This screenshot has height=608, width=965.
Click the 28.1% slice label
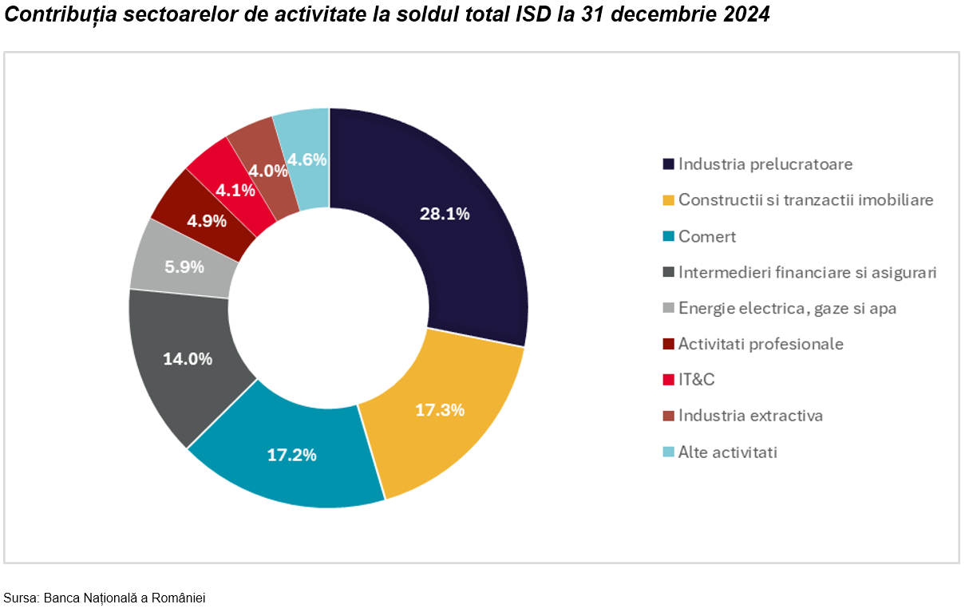pos(445,214)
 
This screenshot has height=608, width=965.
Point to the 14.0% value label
pos(188,359)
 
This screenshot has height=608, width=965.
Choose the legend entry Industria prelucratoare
pos(765,164)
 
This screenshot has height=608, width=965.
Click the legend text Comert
pos(707,237)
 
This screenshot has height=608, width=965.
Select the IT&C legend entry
pos(696,380)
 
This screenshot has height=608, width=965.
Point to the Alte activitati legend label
pos(727,452)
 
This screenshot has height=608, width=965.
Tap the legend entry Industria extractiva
pos(750,416)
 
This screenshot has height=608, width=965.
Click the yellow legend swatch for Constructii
pos(669,201)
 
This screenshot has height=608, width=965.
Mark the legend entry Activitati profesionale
pos(761,344)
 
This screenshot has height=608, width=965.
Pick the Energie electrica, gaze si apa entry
pos(787,308)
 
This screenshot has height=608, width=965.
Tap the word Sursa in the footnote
pos(19,598)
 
